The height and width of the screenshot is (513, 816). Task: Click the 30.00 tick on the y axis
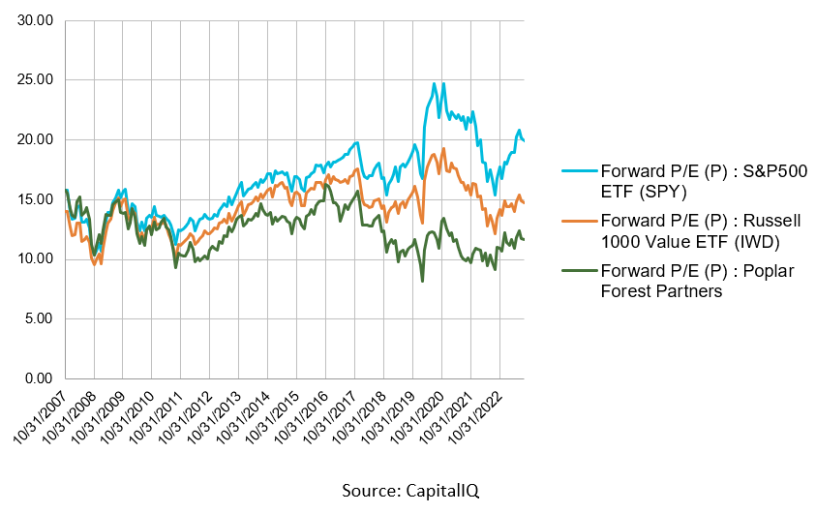tap(35, 19)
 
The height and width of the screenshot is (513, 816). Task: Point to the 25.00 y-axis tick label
tap(35, 79)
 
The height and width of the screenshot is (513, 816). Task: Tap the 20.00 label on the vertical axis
tap(35, 139)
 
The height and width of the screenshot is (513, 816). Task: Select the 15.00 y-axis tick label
tap(35, 199)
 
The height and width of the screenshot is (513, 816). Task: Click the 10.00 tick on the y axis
tap(35, 258)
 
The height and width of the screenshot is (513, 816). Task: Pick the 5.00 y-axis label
tap(38, 318)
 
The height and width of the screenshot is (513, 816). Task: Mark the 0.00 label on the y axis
tap(38, 378)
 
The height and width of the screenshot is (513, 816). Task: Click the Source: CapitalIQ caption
tap(410, 492)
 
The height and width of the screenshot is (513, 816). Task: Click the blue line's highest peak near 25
tap(435, 83)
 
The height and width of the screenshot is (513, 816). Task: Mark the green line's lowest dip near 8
tap(422, 281)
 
